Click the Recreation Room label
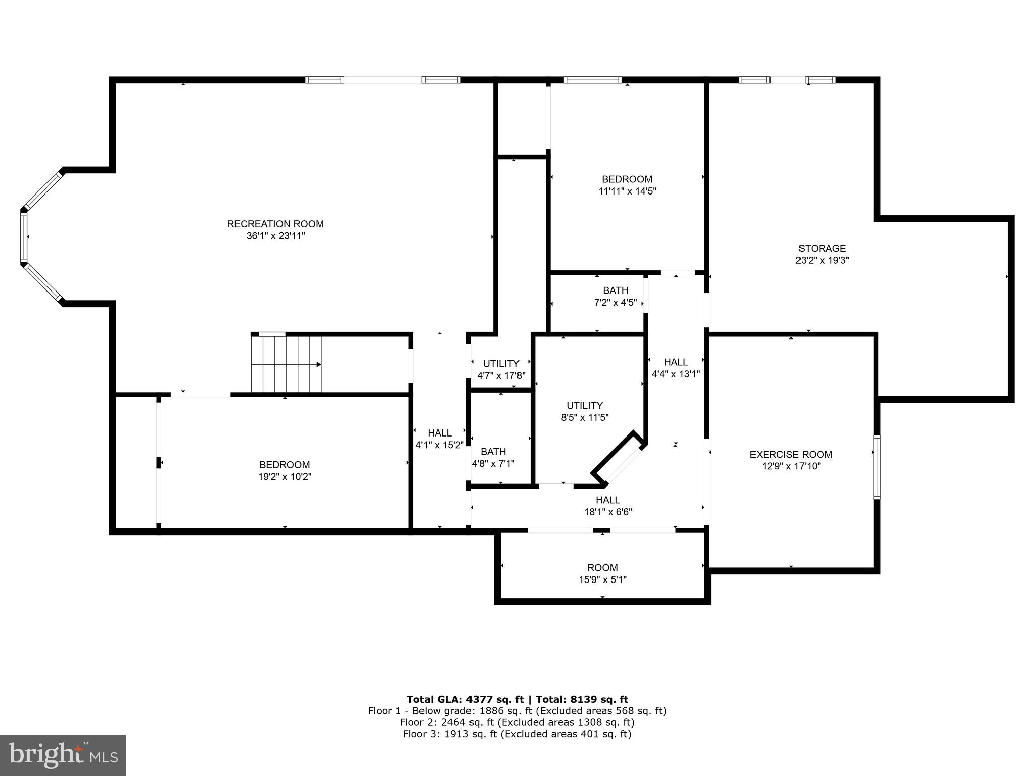275,224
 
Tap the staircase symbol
287,364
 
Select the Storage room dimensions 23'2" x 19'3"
822,261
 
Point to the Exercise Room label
791,454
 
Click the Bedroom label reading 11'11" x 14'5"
627,179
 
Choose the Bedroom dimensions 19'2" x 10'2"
285,477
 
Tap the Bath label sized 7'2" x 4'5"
616,291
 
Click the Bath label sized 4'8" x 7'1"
493,452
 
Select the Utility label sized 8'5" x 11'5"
585,406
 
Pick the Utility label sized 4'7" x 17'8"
501,364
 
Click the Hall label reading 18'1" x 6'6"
608,500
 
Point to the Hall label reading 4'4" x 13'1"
676,362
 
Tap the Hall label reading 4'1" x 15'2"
440,433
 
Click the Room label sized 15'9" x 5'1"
602,568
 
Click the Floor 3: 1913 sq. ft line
517,734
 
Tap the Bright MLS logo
63,755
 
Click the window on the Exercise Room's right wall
877,467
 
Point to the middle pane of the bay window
23,237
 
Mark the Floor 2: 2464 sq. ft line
517,722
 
